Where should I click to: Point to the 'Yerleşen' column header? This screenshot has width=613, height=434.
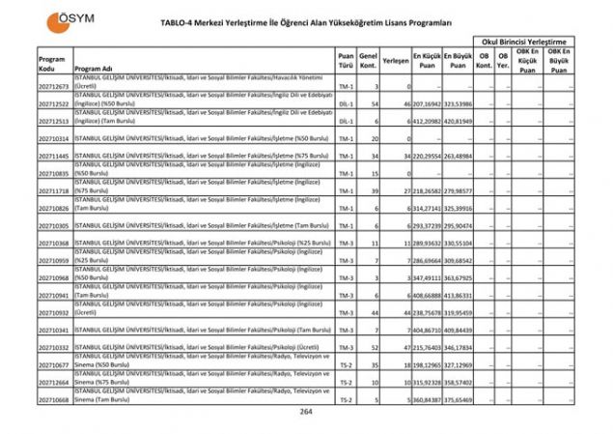pos(395,60)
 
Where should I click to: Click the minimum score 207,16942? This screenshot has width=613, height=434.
pos(428,103)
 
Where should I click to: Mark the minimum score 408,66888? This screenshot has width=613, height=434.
pos(428,295)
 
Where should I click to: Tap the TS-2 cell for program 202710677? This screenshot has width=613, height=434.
pos(346,364)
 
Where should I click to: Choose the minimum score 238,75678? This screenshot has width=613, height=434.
pos(428,312)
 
